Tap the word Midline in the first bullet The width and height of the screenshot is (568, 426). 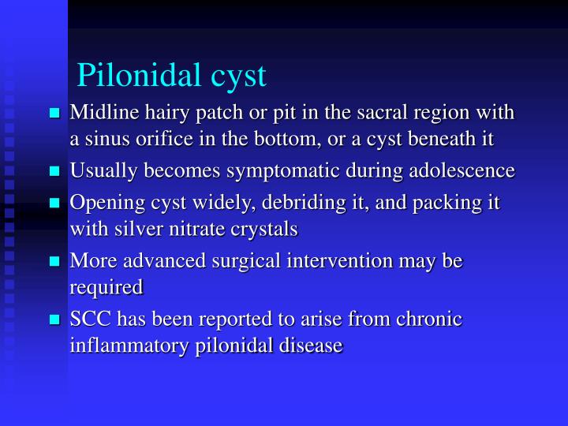pyautogui.click(x=99, y=114)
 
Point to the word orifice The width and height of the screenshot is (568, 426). pyautogui.click(x=187, y=139)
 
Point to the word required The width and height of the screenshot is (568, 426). pyautogui.click(x=106, y=288)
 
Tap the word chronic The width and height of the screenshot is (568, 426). pyautogui.click(x=430, y=319)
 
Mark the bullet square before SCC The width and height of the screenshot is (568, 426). pyautogui.click(x=55, y=319)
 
